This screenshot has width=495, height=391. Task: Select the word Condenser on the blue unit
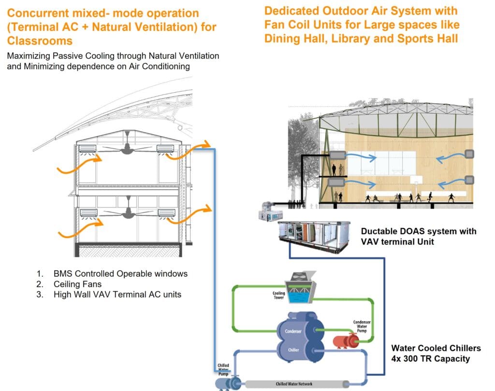[290, 331]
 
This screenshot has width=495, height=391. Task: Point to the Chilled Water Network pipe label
[293, 384]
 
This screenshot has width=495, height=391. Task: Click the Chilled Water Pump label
[223, 369]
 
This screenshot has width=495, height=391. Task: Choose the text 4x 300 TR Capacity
[430, 359]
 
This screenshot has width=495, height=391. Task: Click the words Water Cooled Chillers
[436, 348]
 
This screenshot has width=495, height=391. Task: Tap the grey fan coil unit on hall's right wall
[469, 154]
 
